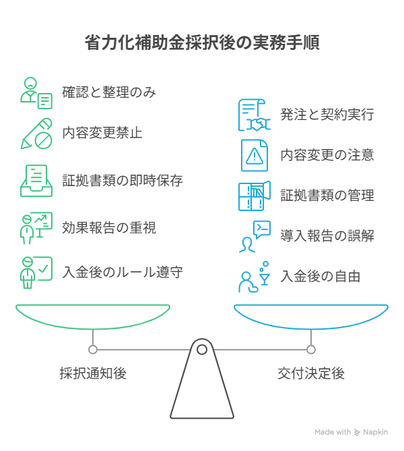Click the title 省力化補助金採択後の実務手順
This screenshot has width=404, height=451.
click(x=202, y=43)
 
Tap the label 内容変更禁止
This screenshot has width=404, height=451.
click(x=102, y=132)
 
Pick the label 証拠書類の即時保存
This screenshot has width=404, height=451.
click(x=123, y=181)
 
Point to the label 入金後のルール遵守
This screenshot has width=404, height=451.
click(x=123, y=272)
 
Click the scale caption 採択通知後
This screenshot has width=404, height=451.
click(x=93, y=373)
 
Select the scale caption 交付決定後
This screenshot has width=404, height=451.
click(x=311, y=373)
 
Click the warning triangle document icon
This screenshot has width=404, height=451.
click(x=255, y=155)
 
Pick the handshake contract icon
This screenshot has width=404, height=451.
click(x=254, y=115)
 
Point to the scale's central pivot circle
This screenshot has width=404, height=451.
click(x=202, y=349)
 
